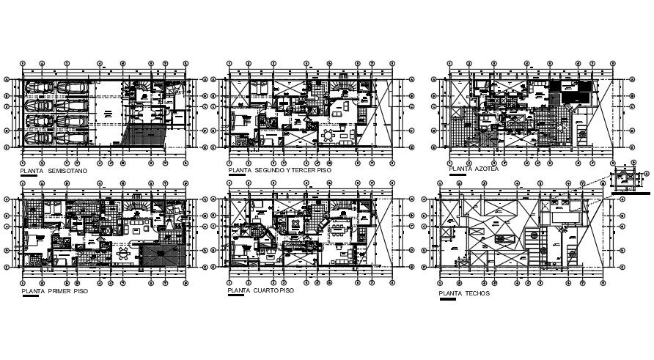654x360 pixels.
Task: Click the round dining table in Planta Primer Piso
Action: tap(122, 254)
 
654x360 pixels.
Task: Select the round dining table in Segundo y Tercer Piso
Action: tap(327, 136)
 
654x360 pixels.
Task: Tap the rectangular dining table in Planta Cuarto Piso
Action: tap(338, 227)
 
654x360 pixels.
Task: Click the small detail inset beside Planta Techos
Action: tap(628, 178)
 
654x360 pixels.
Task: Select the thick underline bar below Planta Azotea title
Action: tap(458, 176)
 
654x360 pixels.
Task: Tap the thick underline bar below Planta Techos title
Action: tap(447, 299)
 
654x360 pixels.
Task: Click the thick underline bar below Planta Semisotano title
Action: tap(30, 176)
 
